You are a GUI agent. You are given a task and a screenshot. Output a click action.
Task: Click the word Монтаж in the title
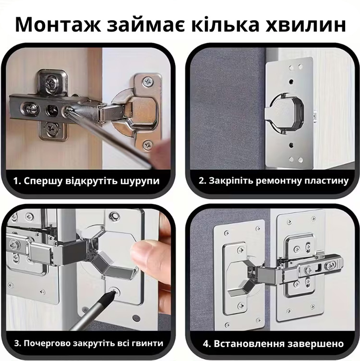click(58, 24)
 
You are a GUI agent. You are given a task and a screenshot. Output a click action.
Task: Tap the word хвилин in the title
click(306, 24)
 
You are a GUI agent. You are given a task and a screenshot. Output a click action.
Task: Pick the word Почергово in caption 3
click(47, 344)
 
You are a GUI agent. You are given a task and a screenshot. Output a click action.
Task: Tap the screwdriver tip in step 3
click(113, 292)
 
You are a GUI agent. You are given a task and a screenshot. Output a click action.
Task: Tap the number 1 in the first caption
click(16, 181)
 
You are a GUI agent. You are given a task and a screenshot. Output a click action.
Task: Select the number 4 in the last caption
click(206, 344)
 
